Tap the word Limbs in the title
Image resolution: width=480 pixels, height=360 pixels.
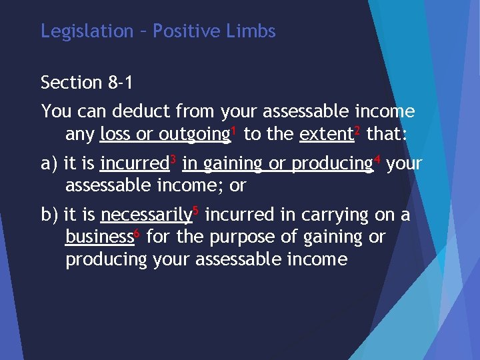pyautogui.click(x=251, y=31)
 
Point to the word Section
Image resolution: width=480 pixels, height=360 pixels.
pyautogui.click(x=71, y=83)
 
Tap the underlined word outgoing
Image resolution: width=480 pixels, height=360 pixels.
pyautogui.click(x=194, y=135)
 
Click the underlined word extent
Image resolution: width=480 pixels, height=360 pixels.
pyautogui.click(x=326, y=134)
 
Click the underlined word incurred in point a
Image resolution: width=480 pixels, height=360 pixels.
pyautogui.click(x=133, y=163)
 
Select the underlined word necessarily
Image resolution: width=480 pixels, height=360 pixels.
pyautogui.click(x=146, y=215)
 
